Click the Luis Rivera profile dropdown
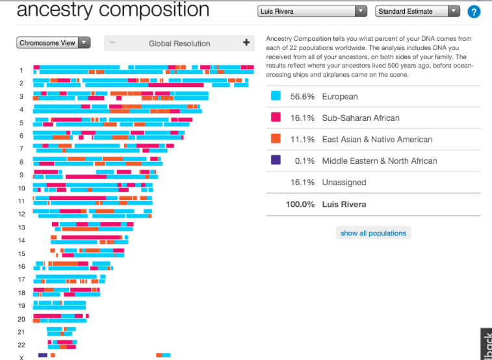coord(312,12)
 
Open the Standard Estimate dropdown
coord(418,12)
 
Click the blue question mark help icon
coord(474,12)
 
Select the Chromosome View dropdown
coord(53,43)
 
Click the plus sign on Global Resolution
coord(246,43)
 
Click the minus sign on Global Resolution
coord(112,43)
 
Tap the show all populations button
coord(373,233)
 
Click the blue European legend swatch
coord(276,96)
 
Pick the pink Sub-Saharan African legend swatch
coord(276,118)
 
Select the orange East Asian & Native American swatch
coord(276,139)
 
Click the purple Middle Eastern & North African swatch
coord(276,161)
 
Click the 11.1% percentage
coord(302,139)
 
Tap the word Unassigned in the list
coord(344,183)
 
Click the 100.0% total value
coord(300,204)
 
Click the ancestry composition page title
coord(112,11)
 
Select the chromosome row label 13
coord(21,227)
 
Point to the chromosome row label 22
coord(21,345)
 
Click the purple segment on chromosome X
coord(43,355)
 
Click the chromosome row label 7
coord(21,149)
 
